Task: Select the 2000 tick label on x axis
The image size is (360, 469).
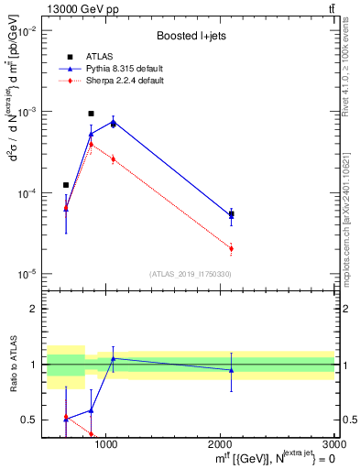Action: coord(221,444)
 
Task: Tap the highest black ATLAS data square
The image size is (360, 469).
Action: coord(91,114)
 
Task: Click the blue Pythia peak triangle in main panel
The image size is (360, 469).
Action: coord(113,121)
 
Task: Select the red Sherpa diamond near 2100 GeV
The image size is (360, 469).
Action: coord(231,248)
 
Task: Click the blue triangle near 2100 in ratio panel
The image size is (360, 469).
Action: coord(231,370)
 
